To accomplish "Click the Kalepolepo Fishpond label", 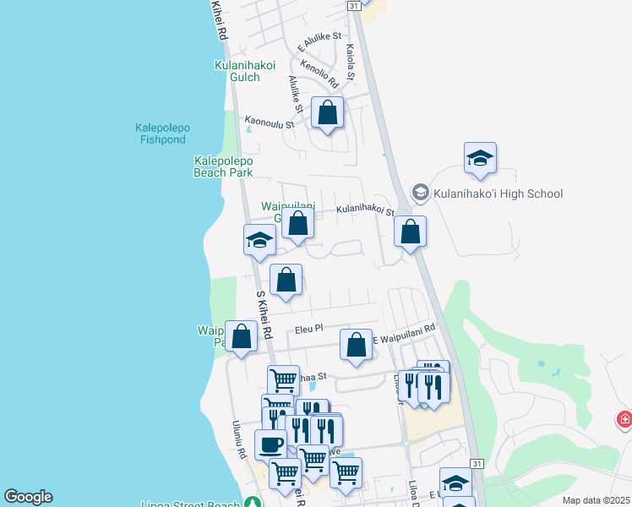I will point(162,134).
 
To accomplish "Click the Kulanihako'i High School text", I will point(498,194).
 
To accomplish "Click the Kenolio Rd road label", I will point(319,74).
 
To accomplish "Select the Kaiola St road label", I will point(351,63).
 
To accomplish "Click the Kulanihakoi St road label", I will point(365,209).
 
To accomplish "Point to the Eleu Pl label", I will point(309,329).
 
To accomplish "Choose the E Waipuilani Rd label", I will point(403,333).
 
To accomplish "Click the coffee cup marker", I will point(270,443).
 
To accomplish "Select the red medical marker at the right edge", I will point(624,418).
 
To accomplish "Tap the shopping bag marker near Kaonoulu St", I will point(327,112).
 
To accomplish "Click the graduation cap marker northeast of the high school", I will point(479,157).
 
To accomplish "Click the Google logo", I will point(28,497).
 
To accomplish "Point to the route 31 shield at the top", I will point(352,5).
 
